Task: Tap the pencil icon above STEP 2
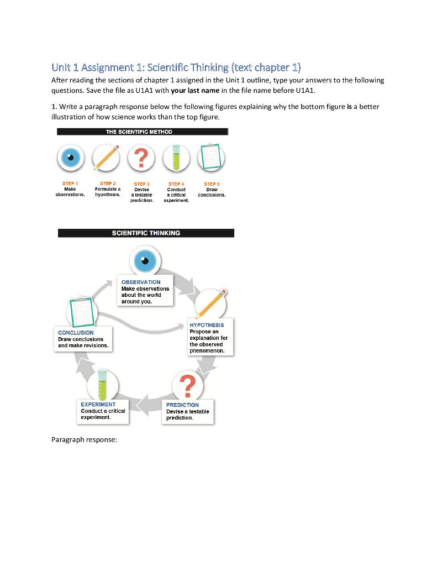(x=106, y=157)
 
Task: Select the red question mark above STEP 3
(x=141, y=158)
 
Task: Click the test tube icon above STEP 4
(x=176, y=157)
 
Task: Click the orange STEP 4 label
(x=176, y=184)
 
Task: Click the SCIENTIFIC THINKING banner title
(x=146, y=233)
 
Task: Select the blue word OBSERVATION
(x=141, y=282)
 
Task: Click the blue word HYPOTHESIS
(x=207, y=325)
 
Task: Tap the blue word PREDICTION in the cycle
(x=182, y=405)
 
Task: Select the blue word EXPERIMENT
(x=98, y=404)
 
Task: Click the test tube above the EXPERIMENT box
(x=102, y=385)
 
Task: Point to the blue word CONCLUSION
(x=76, y=332)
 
